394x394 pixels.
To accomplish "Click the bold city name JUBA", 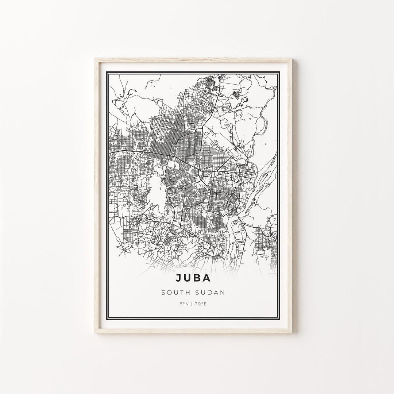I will point(193,278).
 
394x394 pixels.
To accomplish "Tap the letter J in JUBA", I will point(179,278).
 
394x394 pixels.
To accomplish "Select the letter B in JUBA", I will point(197,278).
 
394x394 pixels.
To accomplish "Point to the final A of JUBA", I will point(206,278).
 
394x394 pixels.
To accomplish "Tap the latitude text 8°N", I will point(184,304).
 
